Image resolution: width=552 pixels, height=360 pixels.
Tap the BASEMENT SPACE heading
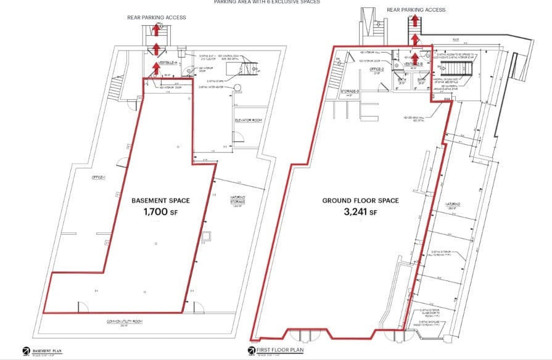pyautogui.click(x=160, y=201)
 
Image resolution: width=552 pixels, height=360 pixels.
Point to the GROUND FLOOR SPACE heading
pyautogui.click(x=361, y=201)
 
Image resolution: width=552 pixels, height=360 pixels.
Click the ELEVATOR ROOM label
pyautogui.click(x=249, y=120)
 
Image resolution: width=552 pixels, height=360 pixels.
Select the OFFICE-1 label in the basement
pyautogui.click(x=98, y=178)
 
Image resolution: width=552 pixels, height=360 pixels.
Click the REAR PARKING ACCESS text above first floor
pyautogui.click(x=416, y=10)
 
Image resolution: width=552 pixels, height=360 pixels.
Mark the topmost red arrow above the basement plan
pyautogui.click(x=157, y=30)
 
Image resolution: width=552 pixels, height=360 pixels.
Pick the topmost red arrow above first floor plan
pyautogui.click(x=416, y=21)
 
